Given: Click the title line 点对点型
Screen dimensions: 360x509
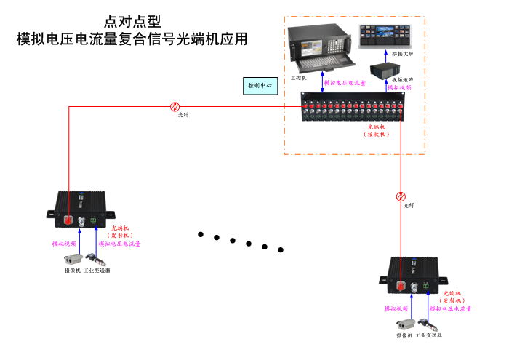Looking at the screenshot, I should point(132,21).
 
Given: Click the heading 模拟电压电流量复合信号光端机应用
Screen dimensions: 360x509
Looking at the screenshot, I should point(132,39).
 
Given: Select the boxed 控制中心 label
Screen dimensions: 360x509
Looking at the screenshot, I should point(260,85).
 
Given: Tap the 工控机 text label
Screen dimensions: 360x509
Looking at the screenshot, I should point(299,76).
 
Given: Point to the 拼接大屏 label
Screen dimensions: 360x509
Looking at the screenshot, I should point(402,54).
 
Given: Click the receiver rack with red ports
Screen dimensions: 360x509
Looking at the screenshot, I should point(358,108).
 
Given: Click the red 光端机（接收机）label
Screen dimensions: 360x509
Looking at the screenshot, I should point(377,130).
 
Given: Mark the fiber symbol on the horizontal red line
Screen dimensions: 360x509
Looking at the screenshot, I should point(175,106).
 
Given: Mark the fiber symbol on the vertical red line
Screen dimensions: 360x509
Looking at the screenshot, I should point(401,196).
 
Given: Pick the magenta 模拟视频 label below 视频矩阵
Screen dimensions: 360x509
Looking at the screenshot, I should point(399,87).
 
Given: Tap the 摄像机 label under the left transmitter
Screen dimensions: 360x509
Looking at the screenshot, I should point(72,271).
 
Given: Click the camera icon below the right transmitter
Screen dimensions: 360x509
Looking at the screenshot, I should point(404,324).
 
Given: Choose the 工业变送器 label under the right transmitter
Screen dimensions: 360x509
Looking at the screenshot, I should point(430,335).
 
